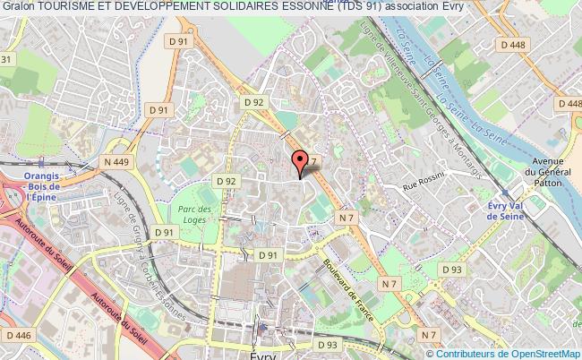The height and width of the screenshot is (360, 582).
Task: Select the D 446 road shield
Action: (18, 334)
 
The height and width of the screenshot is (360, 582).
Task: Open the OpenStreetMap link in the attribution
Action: (534, 354)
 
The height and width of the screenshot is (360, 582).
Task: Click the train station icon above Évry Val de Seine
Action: (508, 193)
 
